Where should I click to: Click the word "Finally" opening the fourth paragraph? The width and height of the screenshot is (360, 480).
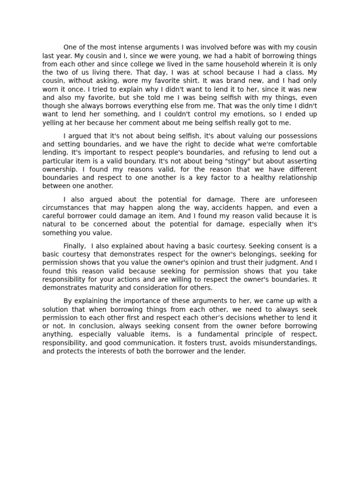point(75,246)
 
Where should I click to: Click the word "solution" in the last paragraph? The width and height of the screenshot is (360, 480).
point(55,309)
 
